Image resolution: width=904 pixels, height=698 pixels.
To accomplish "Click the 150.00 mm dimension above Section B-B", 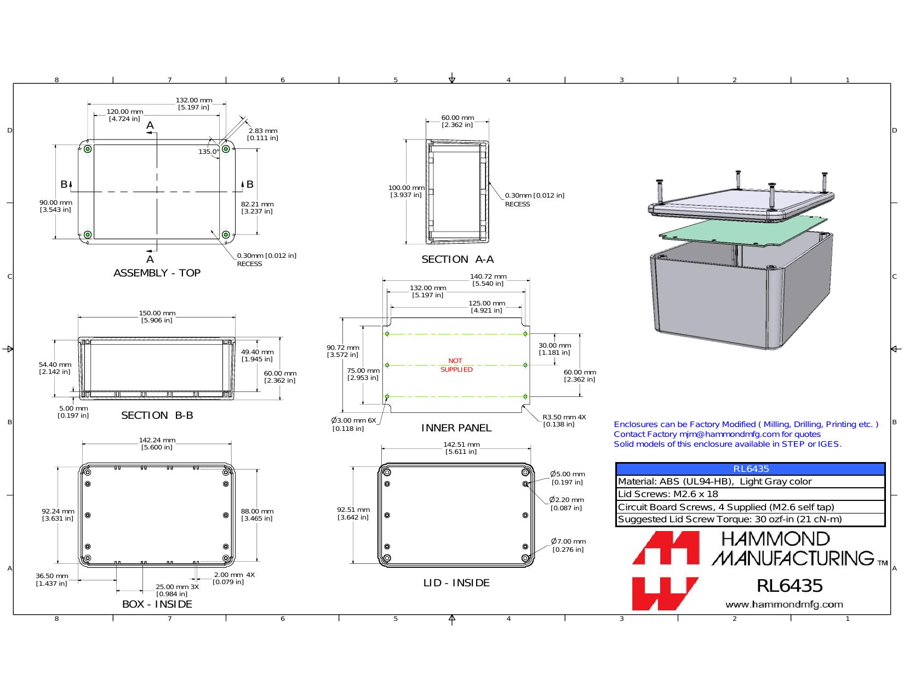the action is coord(157,316).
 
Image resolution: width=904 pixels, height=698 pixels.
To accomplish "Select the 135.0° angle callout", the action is coord(208,152).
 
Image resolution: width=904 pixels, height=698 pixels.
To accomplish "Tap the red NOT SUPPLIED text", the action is coord(456,365).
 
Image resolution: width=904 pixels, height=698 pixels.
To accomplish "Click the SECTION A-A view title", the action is coord(457,259).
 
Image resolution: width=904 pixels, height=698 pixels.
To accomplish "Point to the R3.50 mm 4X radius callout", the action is coord(564,420).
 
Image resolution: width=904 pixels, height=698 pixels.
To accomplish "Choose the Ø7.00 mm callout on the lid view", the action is coord(568,545).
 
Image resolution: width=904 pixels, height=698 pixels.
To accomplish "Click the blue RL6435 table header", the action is coord(751,469).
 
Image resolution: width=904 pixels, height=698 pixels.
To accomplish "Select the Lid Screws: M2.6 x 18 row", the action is coord(751,494).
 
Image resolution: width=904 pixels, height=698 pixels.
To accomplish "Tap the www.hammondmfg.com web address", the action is coord(784,604).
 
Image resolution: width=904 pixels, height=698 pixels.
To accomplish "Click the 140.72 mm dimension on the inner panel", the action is coord(488,280).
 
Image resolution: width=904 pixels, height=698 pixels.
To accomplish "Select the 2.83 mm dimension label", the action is coord(262,134).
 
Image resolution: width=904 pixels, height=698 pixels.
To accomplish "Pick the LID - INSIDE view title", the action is coord(456,583).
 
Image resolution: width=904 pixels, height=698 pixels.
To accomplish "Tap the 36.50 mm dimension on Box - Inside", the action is coord(52,580).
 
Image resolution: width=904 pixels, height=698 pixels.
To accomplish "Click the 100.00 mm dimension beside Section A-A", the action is coord(406,191).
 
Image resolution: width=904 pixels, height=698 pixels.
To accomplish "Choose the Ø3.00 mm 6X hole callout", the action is coord(353,424).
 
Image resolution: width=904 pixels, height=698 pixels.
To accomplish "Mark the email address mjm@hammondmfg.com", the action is coord(729,434).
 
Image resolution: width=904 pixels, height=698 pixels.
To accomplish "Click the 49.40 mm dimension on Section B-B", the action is coord(257,355).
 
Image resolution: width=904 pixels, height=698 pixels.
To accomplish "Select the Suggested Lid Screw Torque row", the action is coord(751,519).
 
